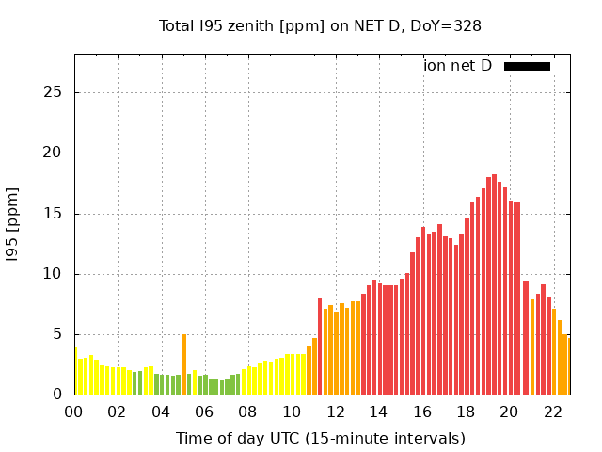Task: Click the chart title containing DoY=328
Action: [320, 25]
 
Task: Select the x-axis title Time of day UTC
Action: [320, 438]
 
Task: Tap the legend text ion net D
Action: [457, 66]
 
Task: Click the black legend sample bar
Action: [527, 66]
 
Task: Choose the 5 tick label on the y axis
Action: [57, 334]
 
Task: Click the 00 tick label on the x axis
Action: [73, 412]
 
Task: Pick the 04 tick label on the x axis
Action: [161, 412]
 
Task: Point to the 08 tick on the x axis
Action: [247, 412]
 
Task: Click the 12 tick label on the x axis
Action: [335, 412]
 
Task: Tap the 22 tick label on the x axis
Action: [552, 412]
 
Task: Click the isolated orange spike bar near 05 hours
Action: [183, 364]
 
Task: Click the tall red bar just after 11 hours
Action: [320, 346]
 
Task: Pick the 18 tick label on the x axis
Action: [466, 412]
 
